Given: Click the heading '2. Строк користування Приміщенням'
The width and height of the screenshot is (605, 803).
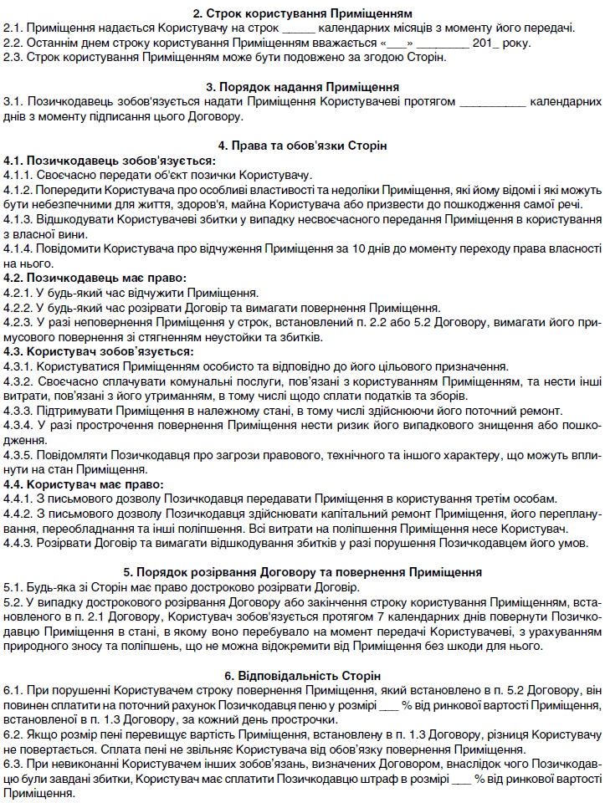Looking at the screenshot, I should click(302, 13).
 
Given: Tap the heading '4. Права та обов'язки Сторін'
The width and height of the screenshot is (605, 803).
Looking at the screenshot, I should click(302, 146).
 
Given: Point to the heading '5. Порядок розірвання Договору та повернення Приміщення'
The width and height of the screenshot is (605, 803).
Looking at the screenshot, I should click(302, 573).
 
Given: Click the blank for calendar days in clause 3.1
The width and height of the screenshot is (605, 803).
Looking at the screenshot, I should click(493, 101).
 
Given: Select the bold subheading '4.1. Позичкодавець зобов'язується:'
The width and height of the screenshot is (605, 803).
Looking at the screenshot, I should click(110, 160).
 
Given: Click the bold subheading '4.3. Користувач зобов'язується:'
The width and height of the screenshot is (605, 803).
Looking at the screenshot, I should click(99, 351).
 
